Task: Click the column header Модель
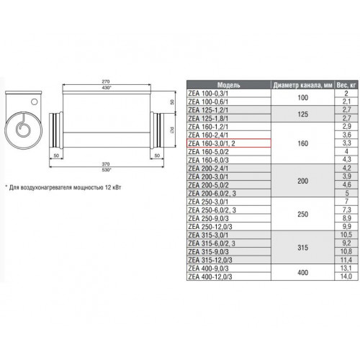pos(228,85)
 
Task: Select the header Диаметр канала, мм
pos(302,85)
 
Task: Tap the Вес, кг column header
pos(346,85)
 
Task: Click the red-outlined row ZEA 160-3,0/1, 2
pos(229,143)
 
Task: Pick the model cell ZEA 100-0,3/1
pos(208,94)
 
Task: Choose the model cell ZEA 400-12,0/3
pos(210,276)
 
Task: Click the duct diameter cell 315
pos(302,248)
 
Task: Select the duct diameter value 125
pos(302,114)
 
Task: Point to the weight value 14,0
pos(346,276)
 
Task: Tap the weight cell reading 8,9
pos(346,218)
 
